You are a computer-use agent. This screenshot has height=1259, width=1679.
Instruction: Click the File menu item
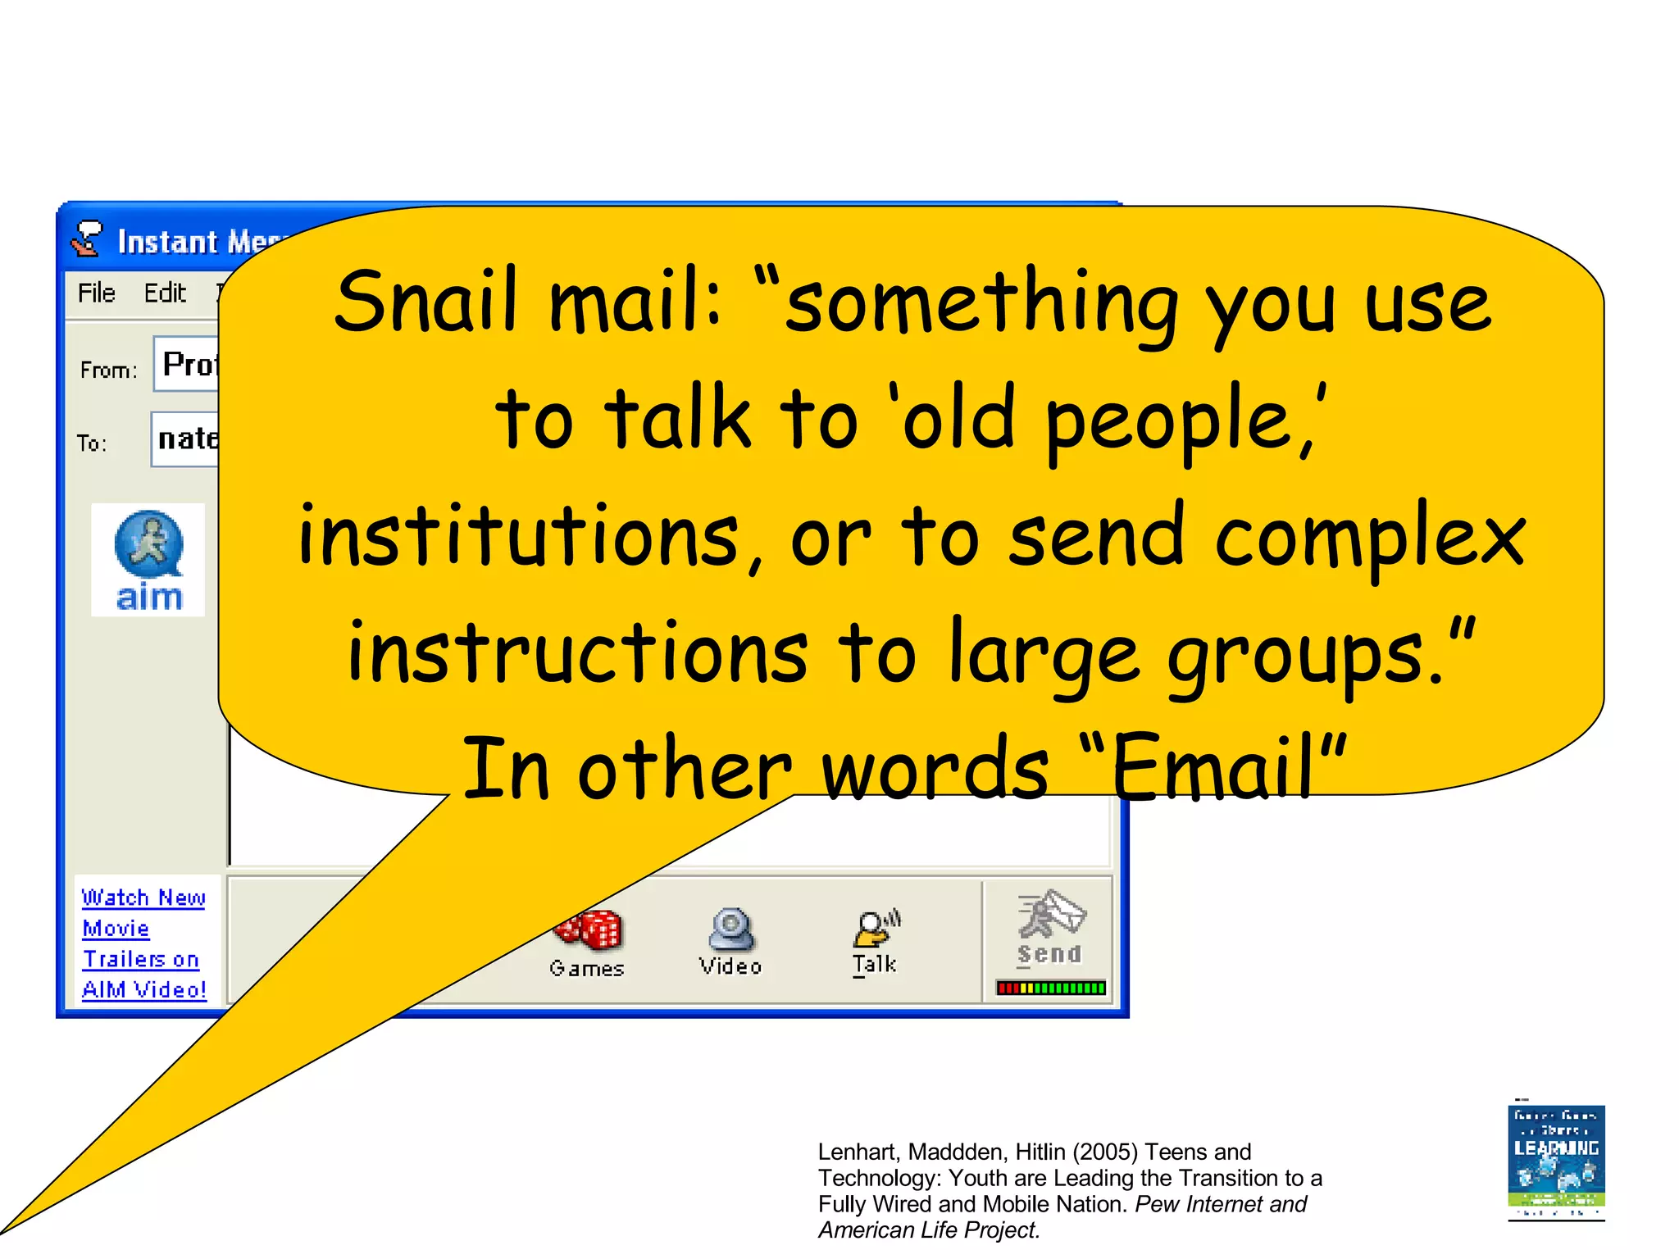point(96,293)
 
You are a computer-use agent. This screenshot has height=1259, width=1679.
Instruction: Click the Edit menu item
point(165,293)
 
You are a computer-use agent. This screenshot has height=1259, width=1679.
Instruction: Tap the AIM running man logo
point(148,545)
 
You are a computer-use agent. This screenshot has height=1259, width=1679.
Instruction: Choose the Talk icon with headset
point(875,929)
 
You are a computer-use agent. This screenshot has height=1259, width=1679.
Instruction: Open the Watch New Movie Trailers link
point(143,943)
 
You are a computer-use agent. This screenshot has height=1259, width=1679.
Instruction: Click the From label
point(108,370)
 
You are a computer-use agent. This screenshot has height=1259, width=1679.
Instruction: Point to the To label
point(91,443)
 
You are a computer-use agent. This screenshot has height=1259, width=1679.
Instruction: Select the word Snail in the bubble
point(426,302)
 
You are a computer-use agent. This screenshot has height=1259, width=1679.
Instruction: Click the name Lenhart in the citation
point(858,1152)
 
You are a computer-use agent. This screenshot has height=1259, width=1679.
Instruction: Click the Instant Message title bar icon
point(87,239)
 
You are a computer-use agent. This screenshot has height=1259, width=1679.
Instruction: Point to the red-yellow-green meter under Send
point(1050,988)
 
